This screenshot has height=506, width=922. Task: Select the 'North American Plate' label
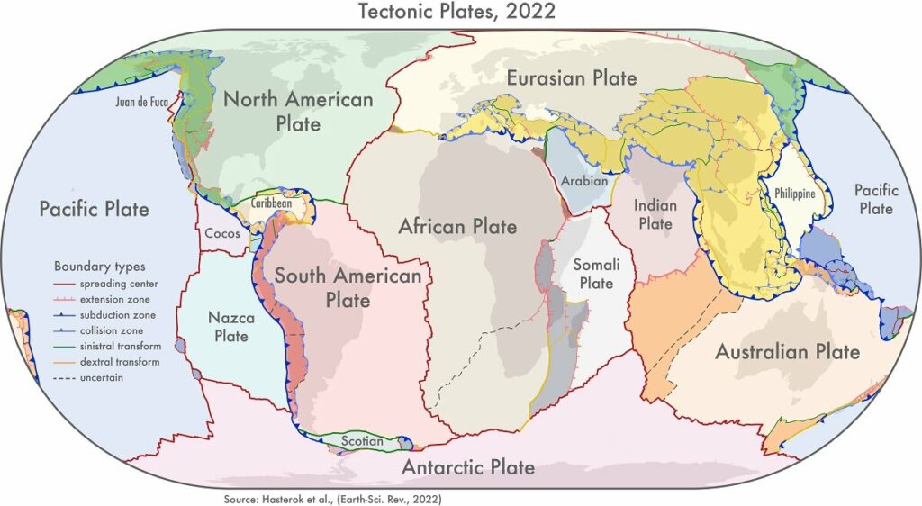click(x=297, y=111)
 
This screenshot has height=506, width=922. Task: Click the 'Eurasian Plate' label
click(x=572, y=77)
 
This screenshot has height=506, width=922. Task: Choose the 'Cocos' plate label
click(x=221, y=232)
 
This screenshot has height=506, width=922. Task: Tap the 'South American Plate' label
click(x=348, y=286)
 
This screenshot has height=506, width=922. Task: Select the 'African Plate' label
click(x=457, y=225)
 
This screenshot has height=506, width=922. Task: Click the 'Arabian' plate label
click(x=584, y=181)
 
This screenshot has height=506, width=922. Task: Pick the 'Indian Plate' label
click(x=655, y=214)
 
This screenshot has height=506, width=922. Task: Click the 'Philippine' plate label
click(x=794, y=194)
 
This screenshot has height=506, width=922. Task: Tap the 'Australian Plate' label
click(x=787, y=351)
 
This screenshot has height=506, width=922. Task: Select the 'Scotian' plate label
click(x=363, y=441)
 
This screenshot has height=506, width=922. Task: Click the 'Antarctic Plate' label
click(x=467, y=467)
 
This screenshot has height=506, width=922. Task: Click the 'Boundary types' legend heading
click(x=99, y=267)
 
